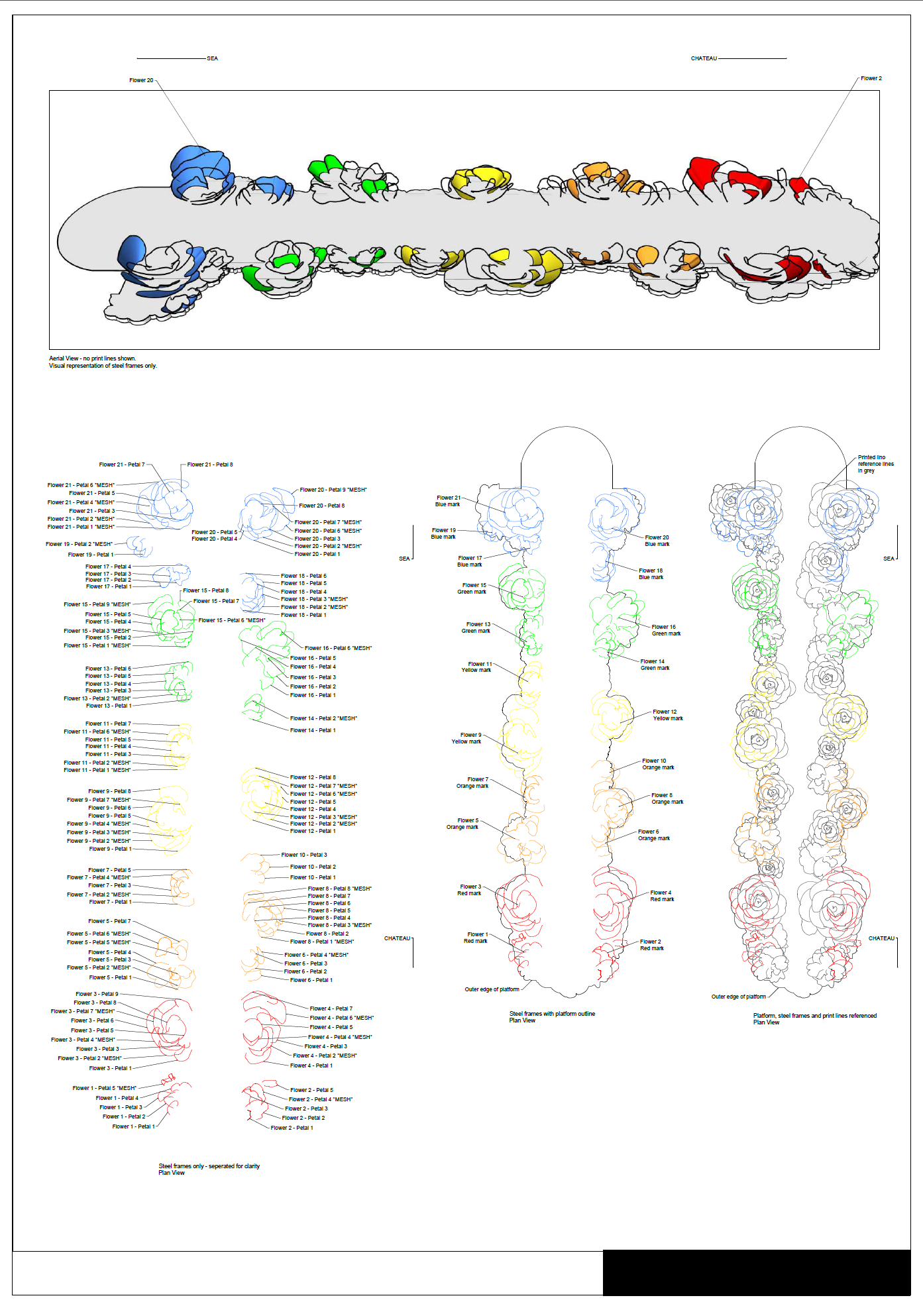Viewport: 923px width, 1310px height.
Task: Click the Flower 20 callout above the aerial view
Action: coord(141,80)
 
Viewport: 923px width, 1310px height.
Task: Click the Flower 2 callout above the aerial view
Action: coord(871,78)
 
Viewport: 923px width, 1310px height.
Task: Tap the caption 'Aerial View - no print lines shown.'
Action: coord(92,358)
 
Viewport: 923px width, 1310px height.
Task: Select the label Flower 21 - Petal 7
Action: coord(122,464)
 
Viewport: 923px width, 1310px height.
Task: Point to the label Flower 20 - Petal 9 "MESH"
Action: coord(333,490)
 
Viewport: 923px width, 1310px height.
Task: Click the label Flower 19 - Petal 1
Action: coord(91,555)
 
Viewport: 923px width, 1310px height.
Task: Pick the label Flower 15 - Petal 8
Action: coord(206,590)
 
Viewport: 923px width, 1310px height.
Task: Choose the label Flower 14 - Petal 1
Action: coord(313,730)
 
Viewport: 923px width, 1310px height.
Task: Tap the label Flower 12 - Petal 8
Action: coord(313,777)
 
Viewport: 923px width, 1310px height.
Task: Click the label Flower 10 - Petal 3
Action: coord(304,855)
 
